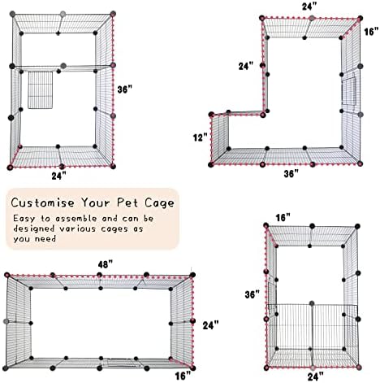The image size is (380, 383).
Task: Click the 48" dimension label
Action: (106, 264)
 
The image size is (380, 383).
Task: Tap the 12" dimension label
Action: (201, 137)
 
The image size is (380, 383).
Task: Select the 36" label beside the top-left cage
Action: (125, 89)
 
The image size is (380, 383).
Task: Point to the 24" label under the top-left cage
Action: (59, 176)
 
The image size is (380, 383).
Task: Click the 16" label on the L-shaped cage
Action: (371, 32)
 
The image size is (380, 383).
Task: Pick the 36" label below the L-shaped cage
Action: (291, 173)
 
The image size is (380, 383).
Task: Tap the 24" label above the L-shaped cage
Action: (309, 7)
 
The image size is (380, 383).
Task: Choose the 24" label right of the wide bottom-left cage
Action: (210, 325)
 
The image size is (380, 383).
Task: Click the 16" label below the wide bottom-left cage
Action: (183, 376)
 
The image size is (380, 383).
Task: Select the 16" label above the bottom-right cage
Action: (283, 217)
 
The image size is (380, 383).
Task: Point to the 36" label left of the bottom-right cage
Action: (253, 294)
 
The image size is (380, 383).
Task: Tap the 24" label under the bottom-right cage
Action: (316, 376)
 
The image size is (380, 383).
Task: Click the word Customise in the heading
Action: (43, 202)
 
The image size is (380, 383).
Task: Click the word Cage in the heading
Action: (159, 203)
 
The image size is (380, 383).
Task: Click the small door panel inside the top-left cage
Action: (41, 90)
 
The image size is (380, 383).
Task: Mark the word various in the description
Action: (78, 228)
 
